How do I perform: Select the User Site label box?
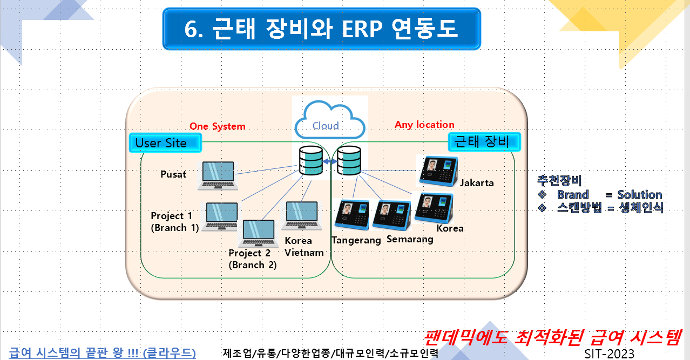[165, 143]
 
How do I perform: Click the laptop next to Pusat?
[218, 174]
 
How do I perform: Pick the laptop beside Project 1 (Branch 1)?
[220, 217]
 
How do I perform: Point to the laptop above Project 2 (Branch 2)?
[261, 234]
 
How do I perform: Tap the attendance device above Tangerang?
[351, 215]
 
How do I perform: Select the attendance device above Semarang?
[392, 215]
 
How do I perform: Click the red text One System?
[217, 126]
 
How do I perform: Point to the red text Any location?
[424, 125]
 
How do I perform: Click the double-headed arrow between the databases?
[329, 161]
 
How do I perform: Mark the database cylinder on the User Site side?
[311, 159]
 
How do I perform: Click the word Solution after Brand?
[640, 195]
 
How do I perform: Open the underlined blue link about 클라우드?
[103, 353]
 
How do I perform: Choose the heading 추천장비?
[559, 181]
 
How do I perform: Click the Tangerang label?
[356, 240]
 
